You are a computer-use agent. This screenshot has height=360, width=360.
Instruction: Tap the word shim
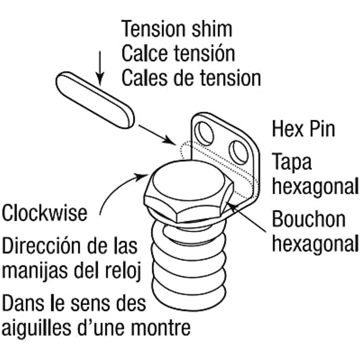pyautogui.click(x=212, y=29)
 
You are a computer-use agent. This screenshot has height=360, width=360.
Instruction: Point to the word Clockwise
pyautogui.click(x=45, y=213)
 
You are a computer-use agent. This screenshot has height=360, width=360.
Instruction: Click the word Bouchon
pyautogui.click(x=309, y=219)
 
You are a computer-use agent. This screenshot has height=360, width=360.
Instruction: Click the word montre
pyautogui.click(x=161, y=328)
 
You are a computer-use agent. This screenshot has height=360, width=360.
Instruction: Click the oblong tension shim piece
pyautogui.click(x=95, y=100)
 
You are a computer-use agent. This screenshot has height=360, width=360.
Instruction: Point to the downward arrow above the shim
pyautogui.click(x=100, y=68)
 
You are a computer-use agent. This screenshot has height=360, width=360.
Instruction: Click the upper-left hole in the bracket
pyautogui.click(x=204, y=133)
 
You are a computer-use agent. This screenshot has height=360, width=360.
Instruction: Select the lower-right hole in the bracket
pyautogui.click(x=238, y=153)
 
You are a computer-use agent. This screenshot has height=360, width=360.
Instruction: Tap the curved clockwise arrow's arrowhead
pyautogui.click(x=141, y=177)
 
